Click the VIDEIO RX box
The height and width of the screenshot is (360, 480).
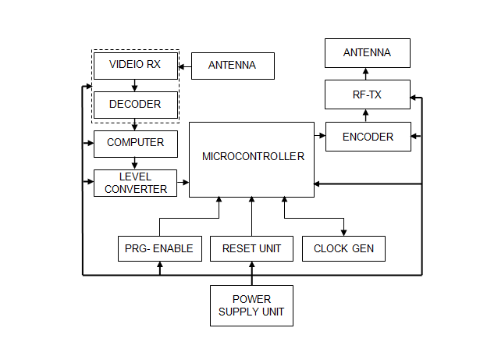point(135,65)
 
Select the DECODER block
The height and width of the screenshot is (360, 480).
point(135,104)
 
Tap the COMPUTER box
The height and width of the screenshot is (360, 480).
point(135,143)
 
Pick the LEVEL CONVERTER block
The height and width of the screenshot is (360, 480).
point(135,184)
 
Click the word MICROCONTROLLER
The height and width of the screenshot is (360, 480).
point(253,156)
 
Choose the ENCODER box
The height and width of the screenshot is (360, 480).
point(368,137)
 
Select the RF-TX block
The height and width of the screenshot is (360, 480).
point(368,96)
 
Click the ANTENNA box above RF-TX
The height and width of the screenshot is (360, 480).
point(368,53)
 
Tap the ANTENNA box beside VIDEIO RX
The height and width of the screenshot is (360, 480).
point(233,66)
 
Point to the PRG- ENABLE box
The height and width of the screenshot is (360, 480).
point(160,249)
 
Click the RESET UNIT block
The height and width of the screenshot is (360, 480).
point(251,249)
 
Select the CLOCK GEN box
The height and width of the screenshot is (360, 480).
point(343,249)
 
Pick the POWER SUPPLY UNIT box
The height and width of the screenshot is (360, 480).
point(251,305)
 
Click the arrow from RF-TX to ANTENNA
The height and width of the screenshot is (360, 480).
point(368,76)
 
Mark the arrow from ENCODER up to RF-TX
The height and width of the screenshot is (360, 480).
point(368,116)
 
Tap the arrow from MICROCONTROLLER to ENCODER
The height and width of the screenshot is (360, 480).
point(319,136)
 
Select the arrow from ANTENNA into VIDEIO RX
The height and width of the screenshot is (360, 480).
point(185,66)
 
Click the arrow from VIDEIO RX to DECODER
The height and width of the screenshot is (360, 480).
point(135,84)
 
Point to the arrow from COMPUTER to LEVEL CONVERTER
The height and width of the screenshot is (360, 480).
point(135,163)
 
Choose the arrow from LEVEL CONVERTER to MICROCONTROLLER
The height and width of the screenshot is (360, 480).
point(183,184)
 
